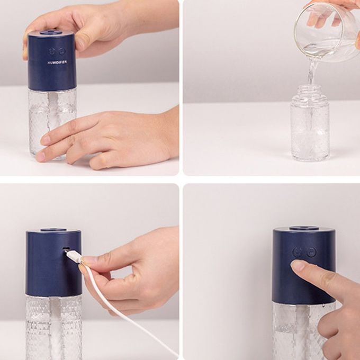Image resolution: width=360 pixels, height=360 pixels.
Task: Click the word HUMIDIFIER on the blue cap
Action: pyautogui.click(x=57, y=62)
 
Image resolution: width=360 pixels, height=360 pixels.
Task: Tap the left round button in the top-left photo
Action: pyautogui.click(x=52, y=52)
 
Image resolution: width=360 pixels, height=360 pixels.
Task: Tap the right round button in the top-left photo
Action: pyautogui.click(x=61, y=52)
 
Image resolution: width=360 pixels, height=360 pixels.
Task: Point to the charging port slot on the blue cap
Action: pyautogui.click(x=67, y=248)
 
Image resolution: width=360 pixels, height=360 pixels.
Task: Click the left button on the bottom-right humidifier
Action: pyautogui.click(x=298, y=253)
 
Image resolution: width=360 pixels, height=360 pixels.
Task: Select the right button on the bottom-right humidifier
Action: pyautogui.click(x=311, y=252)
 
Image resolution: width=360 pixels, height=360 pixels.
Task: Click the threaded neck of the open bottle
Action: pyautogui.click(x=310, y=90)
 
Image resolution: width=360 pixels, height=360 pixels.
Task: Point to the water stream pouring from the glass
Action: pyautogui.click(x=311, y=71)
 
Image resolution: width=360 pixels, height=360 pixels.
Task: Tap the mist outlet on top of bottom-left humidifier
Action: pyautogui.click(x=54, y=229)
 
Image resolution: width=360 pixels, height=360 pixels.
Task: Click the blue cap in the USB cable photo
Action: pyautogui.click(x=53, y=263)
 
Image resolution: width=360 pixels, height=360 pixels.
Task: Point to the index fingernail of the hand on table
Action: pyautogui.click(x=45, y=140)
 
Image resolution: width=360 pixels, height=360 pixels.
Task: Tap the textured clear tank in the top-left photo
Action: pyautogui.click(x=52, y=123)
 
